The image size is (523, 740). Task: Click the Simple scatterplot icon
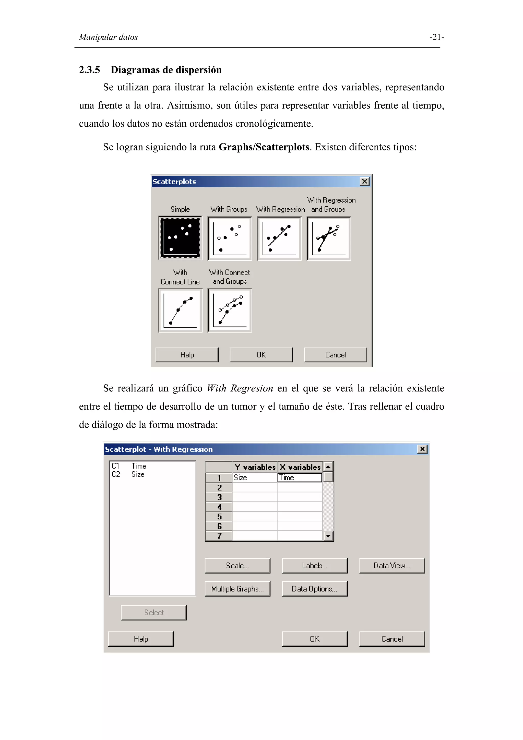[x=180, y=238]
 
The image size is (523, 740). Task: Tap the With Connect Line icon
[x=180, y=310]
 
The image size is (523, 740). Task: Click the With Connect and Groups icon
[x=230, y=310]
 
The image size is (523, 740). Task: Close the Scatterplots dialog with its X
[x=364, y=182]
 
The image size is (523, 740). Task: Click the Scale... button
[x=237, y=565]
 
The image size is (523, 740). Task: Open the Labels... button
[x=315, y=565]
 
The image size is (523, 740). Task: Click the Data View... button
[x=392, y=565]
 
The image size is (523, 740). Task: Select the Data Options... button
[x=315, y=589]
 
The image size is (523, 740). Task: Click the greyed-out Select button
[x=154, y=612]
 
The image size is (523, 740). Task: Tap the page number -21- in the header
[x=437, y=37]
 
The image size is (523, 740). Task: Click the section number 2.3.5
[x=89, y=70]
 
